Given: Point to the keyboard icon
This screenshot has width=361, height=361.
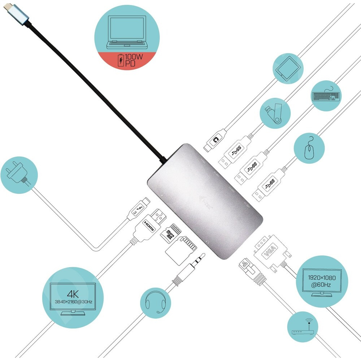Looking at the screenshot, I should tap(325, 96).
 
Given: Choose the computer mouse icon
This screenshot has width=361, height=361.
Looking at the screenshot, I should tap(309, 148).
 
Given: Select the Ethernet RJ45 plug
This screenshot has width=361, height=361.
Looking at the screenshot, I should tap(247, 266).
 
